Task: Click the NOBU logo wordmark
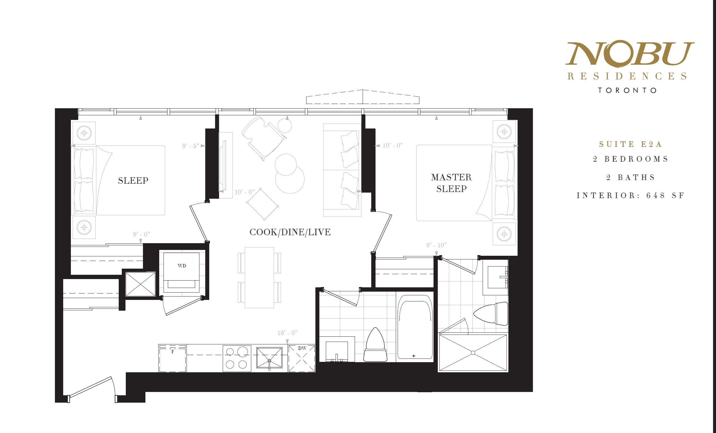(630, 53)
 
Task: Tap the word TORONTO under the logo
(627, 90)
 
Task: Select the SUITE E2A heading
(630, 144)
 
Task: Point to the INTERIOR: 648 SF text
(630, 195)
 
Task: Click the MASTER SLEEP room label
(451, 183)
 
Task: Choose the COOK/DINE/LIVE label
(290, 232)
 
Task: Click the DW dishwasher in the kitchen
(302, 358)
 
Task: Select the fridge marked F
(172, 358)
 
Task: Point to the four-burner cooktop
(237, 358)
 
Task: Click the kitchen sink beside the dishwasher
(269, 358)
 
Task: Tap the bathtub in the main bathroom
(415, 327)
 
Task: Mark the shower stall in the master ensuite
(473, 353)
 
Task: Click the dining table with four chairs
(259, 278)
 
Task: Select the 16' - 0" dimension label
(287, 333)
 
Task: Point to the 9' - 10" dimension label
(436, 245)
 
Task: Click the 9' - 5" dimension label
(191, 146)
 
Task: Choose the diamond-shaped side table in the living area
(263, 204)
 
